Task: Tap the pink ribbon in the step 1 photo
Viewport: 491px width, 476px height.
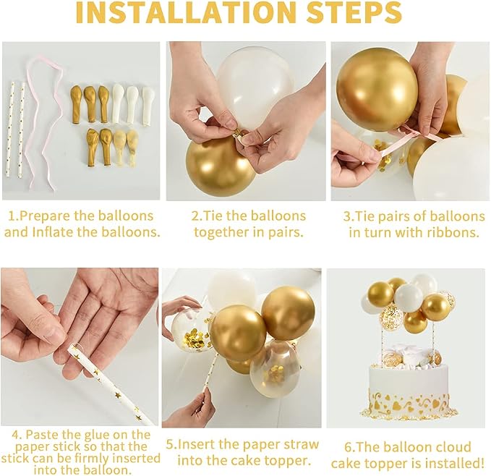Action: click(x=44, y=122)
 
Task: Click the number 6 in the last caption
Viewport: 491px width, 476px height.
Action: click(x=348, y=447)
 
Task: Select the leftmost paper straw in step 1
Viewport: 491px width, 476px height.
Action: click(x=13, y=130)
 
